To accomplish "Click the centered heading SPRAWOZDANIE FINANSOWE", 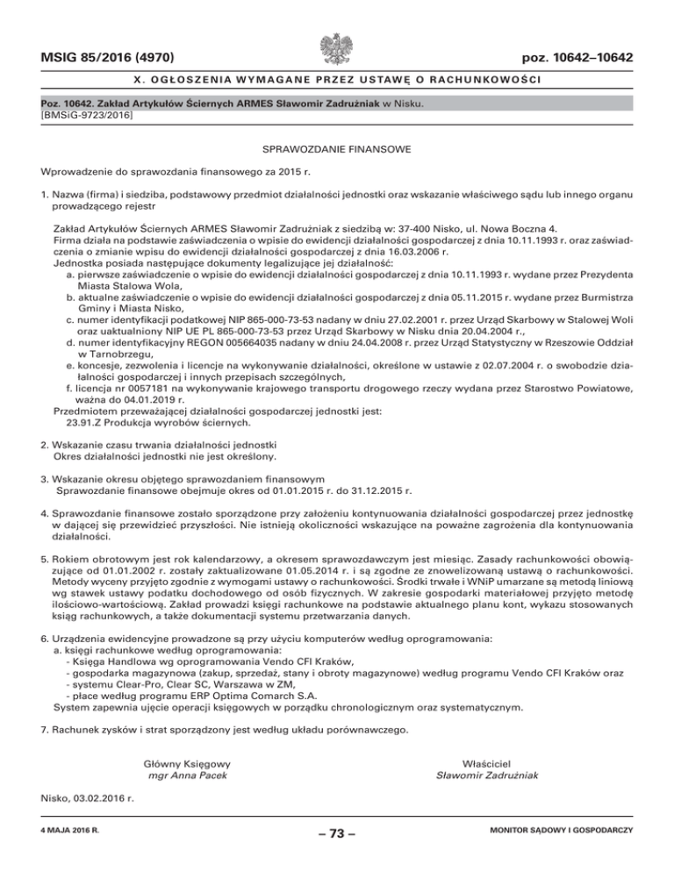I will click(x=337, y=152).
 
